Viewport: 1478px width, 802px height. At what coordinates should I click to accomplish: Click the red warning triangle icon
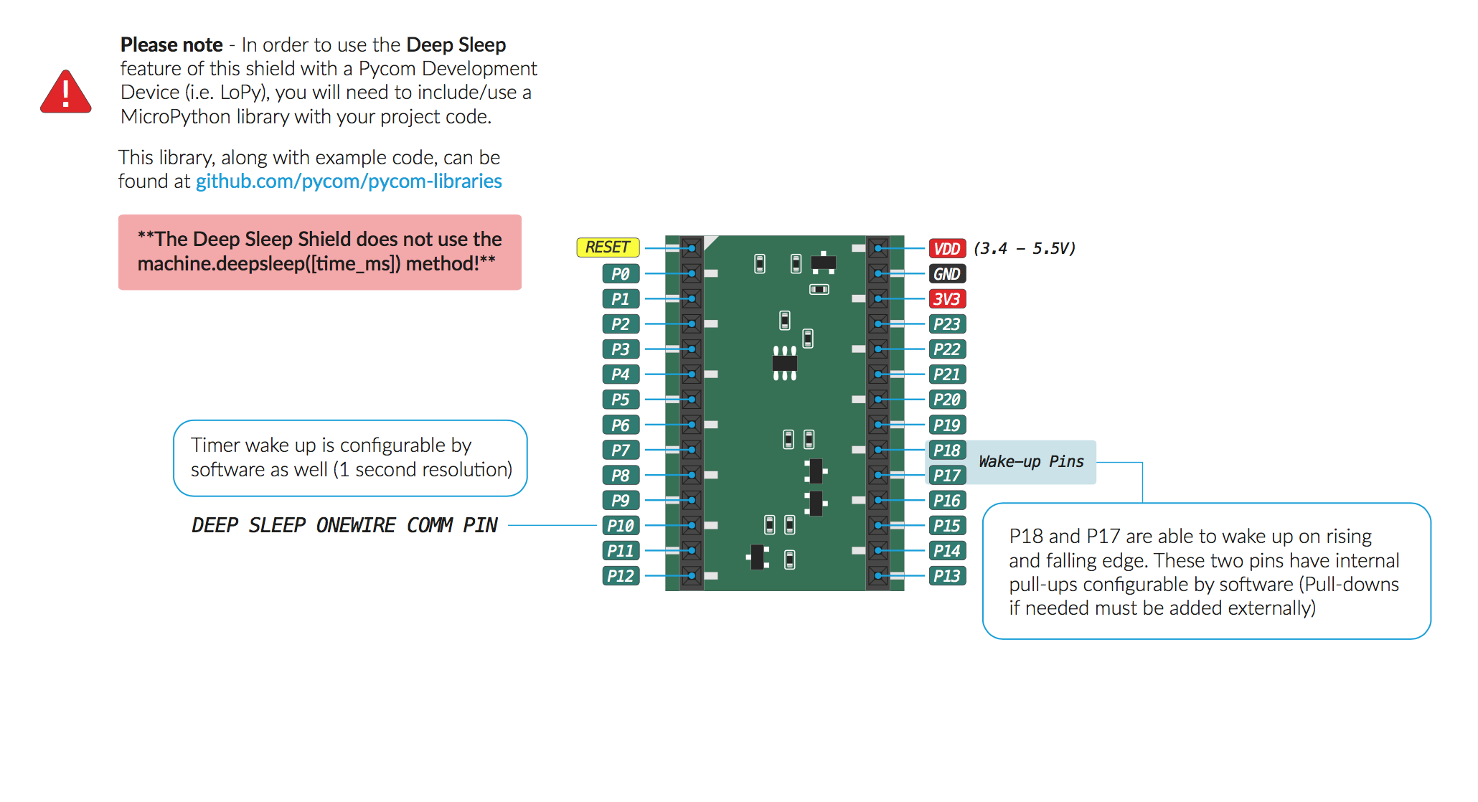point(66,93)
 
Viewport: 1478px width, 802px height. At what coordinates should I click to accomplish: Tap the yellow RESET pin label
point(607,247)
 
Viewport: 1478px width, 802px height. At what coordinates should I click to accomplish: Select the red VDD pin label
point(946,249)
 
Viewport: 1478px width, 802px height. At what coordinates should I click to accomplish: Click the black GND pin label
point(946,274)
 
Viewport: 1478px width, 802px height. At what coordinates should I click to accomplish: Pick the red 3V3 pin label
point(946,299)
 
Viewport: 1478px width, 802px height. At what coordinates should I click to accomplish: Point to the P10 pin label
point(621,526)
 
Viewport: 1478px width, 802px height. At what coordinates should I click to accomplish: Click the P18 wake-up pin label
point(946,450)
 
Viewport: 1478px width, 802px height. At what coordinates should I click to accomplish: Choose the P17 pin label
point(946,476)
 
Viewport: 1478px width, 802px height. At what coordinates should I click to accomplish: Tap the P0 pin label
point(621,274)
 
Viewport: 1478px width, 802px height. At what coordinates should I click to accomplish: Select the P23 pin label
point(946,324)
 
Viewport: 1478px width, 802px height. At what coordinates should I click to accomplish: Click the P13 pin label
point(946,576)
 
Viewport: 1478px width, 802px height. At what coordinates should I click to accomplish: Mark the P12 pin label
point(621,576)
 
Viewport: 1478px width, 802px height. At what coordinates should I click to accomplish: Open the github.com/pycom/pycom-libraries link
point(349,181)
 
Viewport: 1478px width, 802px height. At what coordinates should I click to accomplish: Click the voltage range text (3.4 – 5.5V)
point(1025,249)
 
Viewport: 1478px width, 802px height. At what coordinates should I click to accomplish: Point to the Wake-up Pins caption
point(1031,462)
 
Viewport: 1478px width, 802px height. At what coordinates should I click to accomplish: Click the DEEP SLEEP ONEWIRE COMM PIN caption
point(344,526)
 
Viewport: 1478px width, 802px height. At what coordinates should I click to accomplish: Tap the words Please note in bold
point(171,45)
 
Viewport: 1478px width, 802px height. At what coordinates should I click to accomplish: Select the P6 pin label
point(621,425)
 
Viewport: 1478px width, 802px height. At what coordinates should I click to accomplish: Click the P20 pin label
point(946,400)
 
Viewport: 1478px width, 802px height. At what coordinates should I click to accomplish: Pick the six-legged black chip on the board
point(784,363)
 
